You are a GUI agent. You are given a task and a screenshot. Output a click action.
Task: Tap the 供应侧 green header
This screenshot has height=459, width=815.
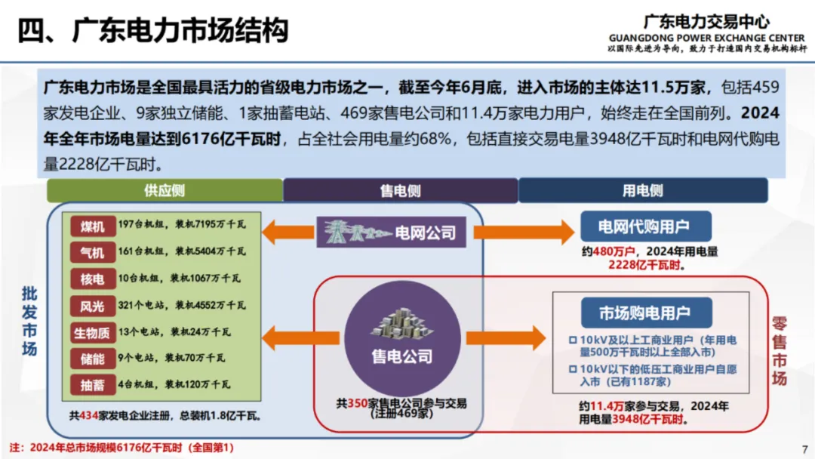pyautogui.click(x=165, y=190)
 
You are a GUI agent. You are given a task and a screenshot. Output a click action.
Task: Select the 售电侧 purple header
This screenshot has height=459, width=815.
pyautogui.click(x=400, y=190)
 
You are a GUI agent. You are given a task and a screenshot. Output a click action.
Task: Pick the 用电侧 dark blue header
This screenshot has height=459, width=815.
pyautogui.click(x=642, y=190)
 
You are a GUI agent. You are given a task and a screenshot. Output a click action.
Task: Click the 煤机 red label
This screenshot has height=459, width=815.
pyautogui.click(x=93, y=226)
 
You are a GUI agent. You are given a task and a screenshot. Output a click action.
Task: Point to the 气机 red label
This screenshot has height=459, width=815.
pyautogui.click(x=93, y=252)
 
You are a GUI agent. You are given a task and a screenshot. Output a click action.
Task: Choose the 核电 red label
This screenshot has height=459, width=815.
pyautogui.click(x=93, y=279)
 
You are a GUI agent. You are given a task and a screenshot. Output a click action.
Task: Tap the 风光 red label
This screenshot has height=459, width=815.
pyautogui.click(x=93, y=306)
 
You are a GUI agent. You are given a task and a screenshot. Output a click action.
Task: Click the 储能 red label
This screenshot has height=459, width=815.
pyautogui.click(x=93, y=359)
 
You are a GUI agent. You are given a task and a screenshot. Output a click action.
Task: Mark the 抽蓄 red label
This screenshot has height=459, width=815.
pyautogui.click(x=93, y=385)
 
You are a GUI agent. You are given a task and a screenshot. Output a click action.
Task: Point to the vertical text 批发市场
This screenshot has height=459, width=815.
pyautogui.click(x=29, y=321)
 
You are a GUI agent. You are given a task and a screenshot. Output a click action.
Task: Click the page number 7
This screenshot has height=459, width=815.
pyautogui.click(x=804, y=447)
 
